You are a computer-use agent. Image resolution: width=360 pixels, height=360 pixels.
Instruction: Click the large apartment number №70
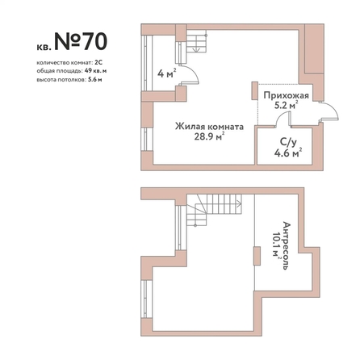(x=81, y=42)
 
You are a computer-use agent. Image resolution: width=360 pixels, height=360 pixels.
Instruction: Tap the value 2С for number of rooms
(x=98, y=63)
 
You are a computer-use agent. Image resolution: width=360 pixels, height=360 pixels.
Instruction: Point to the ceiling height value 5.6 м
(x=95, y=79)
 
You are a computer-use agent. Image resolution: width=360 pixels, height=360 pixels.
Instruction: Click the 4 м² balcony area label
(x=167, y=73)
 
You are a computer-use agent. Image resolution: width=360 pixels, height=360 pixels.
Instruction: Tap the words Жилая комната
(x=209, y=126)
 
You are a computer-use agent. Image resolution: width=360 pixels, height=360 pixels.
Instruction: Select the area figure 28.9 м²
(x=209, y=136)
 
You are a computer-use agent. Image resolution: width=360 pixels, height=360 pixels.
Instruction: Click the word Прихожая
(x=286, y=95)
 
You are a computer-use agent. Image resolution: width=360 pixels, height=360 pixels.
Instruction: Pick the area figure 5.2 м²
(x=286, y=105)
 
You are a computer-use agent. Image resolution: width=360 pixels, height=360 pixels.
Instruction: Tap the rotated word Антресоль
(x=287, y=245)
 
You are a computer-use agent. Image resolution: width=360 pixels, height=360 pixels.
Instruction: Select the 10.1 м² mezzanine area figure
(x=276, y=245)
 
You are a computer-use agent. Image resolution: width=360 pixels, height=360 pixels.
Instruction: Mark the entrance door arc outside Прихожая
(x=334, y=109)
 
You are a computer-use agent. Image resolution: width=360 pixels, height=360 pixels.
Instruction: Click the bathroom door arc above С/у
(x=280, y=115)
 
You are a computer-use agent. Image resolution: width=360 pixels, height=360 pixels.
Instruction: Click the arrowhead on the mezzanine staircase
(x=239, y=203)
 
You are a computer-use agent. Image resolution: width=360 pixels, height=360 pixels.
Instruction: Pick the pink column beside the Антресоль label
(x=257, y=256)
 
